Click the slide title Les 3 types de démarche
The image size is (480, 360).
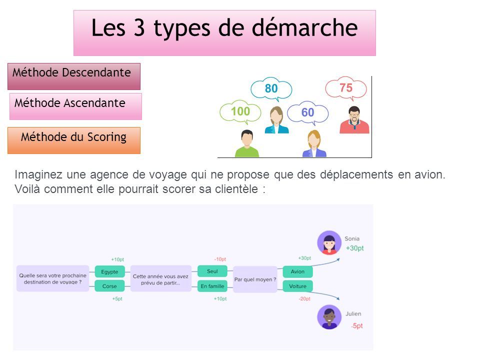224,28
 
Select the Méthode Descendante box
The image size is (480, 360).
74,76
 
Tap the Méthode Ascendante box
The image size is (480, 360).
75,106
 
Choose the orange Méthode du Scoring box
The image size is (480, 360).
74,140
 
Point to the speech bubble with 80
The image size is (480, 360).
271,89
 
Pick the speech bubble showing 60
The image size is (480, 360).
307,113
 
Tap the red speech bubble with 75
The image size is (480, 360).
346,88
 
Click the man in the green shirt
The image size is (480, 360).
246,143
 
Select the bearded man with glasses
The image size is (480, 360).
354,119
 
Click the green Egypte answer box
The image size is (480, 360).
109,271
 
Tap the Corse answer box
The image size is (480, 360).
109,286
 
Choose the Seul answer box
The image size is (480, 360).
212,271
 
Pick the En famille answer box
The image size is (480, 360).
212,286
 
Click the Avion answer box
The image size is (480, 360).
297,271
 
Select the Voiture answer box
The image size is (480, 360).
297,286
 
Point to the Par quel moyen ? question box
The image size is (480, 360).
255,279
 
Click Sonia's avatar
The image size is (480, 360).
329,243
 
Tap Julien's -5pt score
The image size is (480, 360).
357,325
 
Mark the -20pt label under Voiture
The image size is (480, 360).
304,299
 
